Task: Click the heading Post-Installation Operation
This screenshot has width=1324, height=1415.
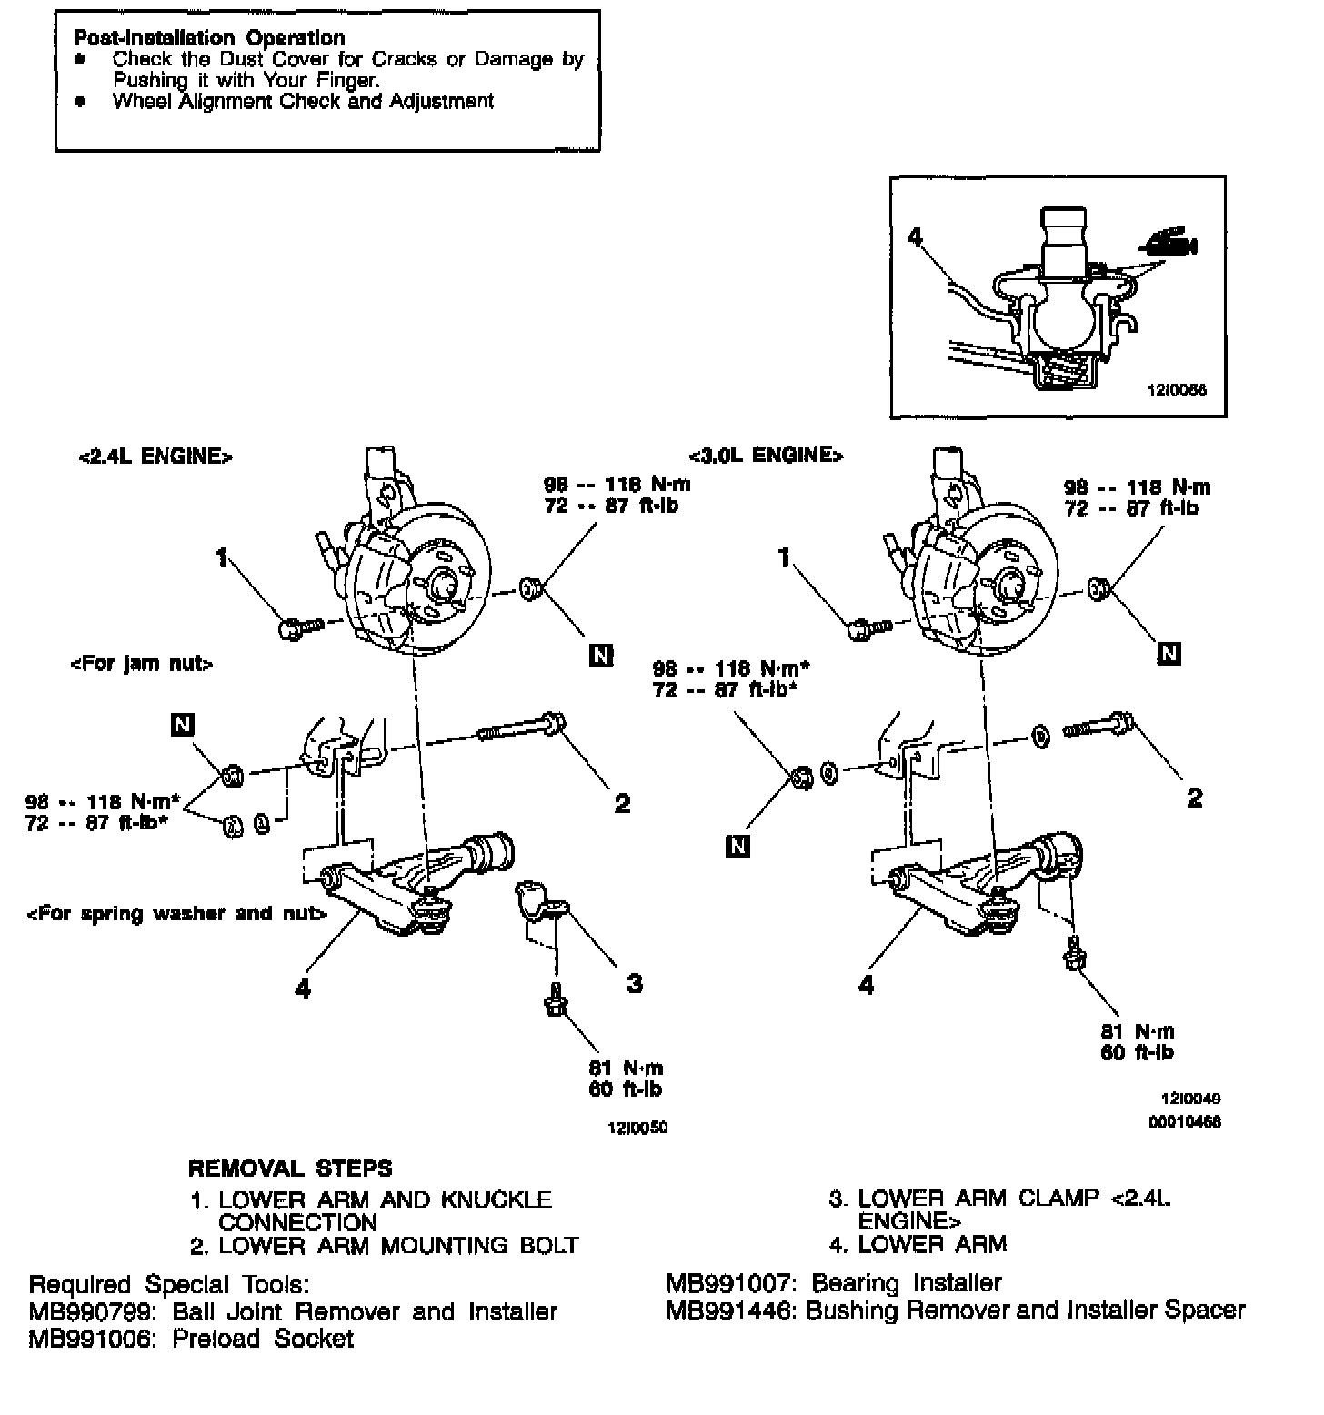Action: click(209, 38)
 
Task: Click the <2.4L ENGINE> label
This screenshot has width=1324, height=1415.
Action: click(155, 457)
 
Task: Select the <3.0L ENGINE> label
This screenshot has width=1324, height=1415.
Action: click(766, 455)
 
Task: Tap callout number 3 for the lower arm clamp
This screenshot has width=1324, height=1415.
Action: click(635, 983)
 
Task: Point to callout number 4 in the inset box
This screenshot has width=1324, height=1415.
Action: click(915, 237)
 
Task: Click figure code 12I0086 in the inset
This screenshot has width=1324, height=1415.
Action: click(1177, 390)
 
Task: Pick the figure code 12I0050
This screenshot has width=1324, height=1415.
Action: click(637, 1128)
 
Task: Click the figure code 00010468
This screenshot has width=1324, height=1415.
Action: click(1185, 1121)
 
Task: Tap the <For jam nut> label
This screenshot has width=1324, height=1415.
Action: click(141, 665)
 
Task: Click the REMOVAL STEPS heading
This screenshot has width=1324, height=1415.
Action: click(290, 1168)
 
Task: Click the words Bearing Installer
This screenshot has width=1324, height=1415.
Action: click(906, 1283)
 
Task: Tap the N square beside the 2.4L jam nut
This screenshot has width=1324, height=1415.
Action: click(183, 724)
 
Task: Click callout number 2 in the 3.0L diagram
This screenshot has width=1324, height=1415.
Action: click(1194, 798)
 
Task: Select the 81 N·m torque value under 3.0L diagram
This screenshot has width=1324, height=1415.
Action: click(1138, 1031)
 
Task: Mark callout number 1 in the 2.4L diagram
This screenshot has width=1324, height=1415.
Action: click(221, 557)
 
